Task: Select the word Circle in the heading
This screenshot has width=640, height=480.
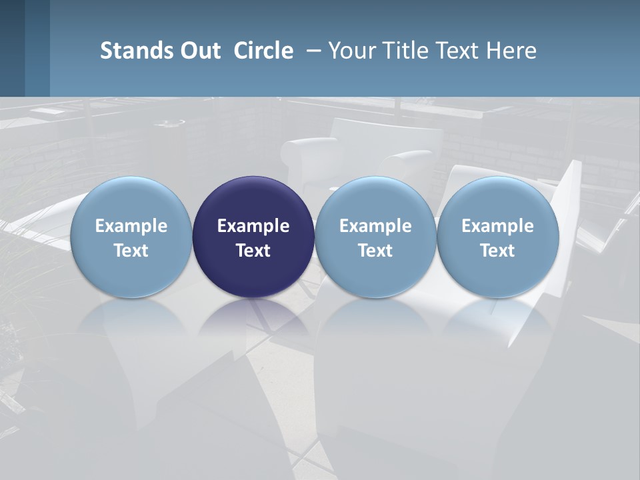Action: [x=263, y=51]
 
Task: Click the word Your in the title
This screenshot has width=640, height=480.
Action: [x=350, y=51]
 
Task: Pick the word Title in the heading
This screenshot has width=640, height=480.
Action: [x=399, y=51]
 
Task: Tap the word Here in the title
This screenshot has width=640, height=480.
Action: [x=511, y=51]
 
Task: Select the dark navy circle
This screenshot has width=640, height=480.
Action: [x=253, y=200]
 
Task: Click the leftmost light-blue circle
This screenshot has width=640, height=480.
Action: [x=131, y=200]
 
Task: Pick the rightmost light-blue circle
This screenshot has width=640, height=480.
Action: [x=497, y=200]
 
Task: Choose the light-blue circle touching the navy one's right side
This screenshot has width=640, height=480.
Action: [x=375, y=200]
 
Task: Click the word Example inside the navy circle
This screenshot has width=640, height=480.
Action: [x=253, y=226]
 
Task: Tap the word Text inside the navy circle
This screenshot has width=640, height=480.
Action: [x=253, y=251]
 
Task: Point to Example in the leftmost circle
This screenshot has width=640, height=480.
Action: [x=131, y=226]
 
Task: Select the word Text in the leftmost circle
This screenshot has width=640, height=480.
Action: [x=131, y=251]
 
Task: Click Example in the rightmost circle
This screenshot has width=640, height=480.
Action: [x=497, y=226]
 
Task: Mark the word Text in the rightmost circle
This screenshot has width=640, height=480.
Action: [x=497, y=251]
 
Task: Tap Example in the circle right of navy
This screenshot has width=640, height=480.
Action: [x=375, y=226]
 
